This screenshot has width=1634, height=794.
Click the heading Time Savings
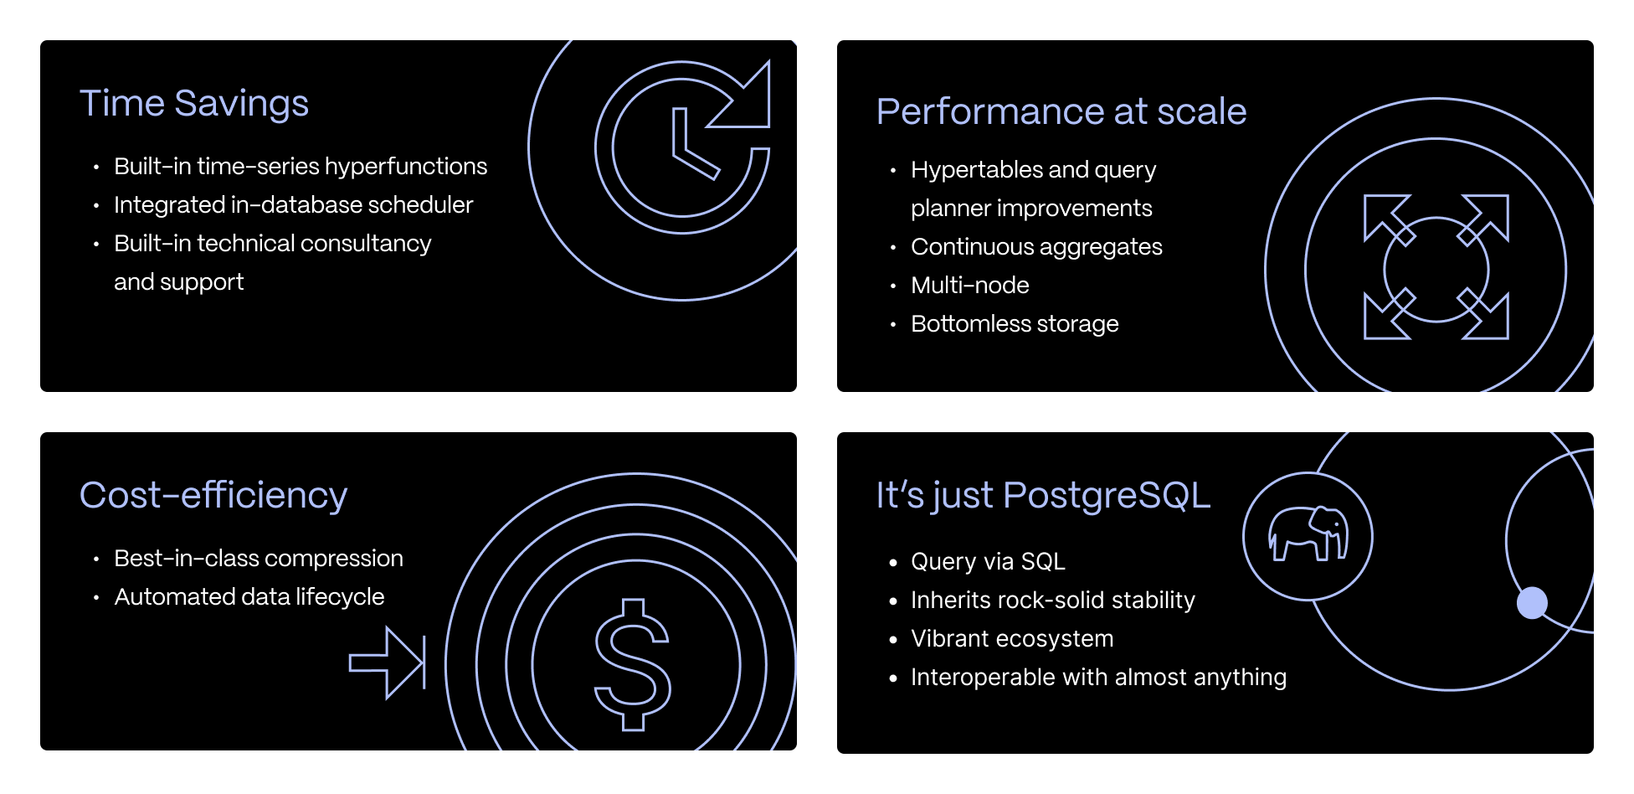(x=194, y=104)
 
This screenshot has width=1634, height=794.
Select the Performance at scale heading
(x=1061, y=111)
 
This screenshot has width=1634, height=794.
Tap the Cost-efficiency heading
(x=213, y=495)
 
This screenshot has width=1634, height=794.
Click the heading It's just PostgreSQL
(x=1043, y=495)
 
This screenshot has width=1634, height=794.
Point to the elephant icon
(x=1308, y=534)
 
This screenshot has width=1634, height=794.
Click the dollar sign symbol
(x=633, y=664)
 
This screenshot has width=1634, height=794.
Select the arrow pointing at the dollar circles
(x=388, y=663)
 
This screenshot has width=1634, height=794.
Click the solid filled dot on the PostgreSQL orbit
(x=1532, y=602)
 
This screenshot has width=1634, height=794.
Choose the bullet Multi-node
(x=969, y=286)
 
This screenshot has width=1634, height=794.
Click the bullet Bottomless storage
(x=1015, y=324)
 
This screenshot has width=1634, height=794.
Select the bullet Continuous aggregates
(x=1036, y=247)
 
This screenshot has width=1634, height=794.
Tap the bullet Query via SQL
(x=988, y=561)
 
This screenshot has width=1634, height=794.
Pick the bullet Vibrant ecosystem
(x=1012, y=639)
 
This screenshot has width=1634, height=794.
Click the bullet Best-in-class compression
(x=259, y=559)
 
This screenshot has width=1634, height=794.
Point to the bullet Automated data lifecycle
(x=249, y=597)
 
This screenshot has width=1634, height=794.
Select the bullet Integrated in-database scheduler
(x=294, y=205)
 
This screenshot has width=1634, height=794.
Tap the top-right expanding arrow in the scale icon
(x=1484, y=219)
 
